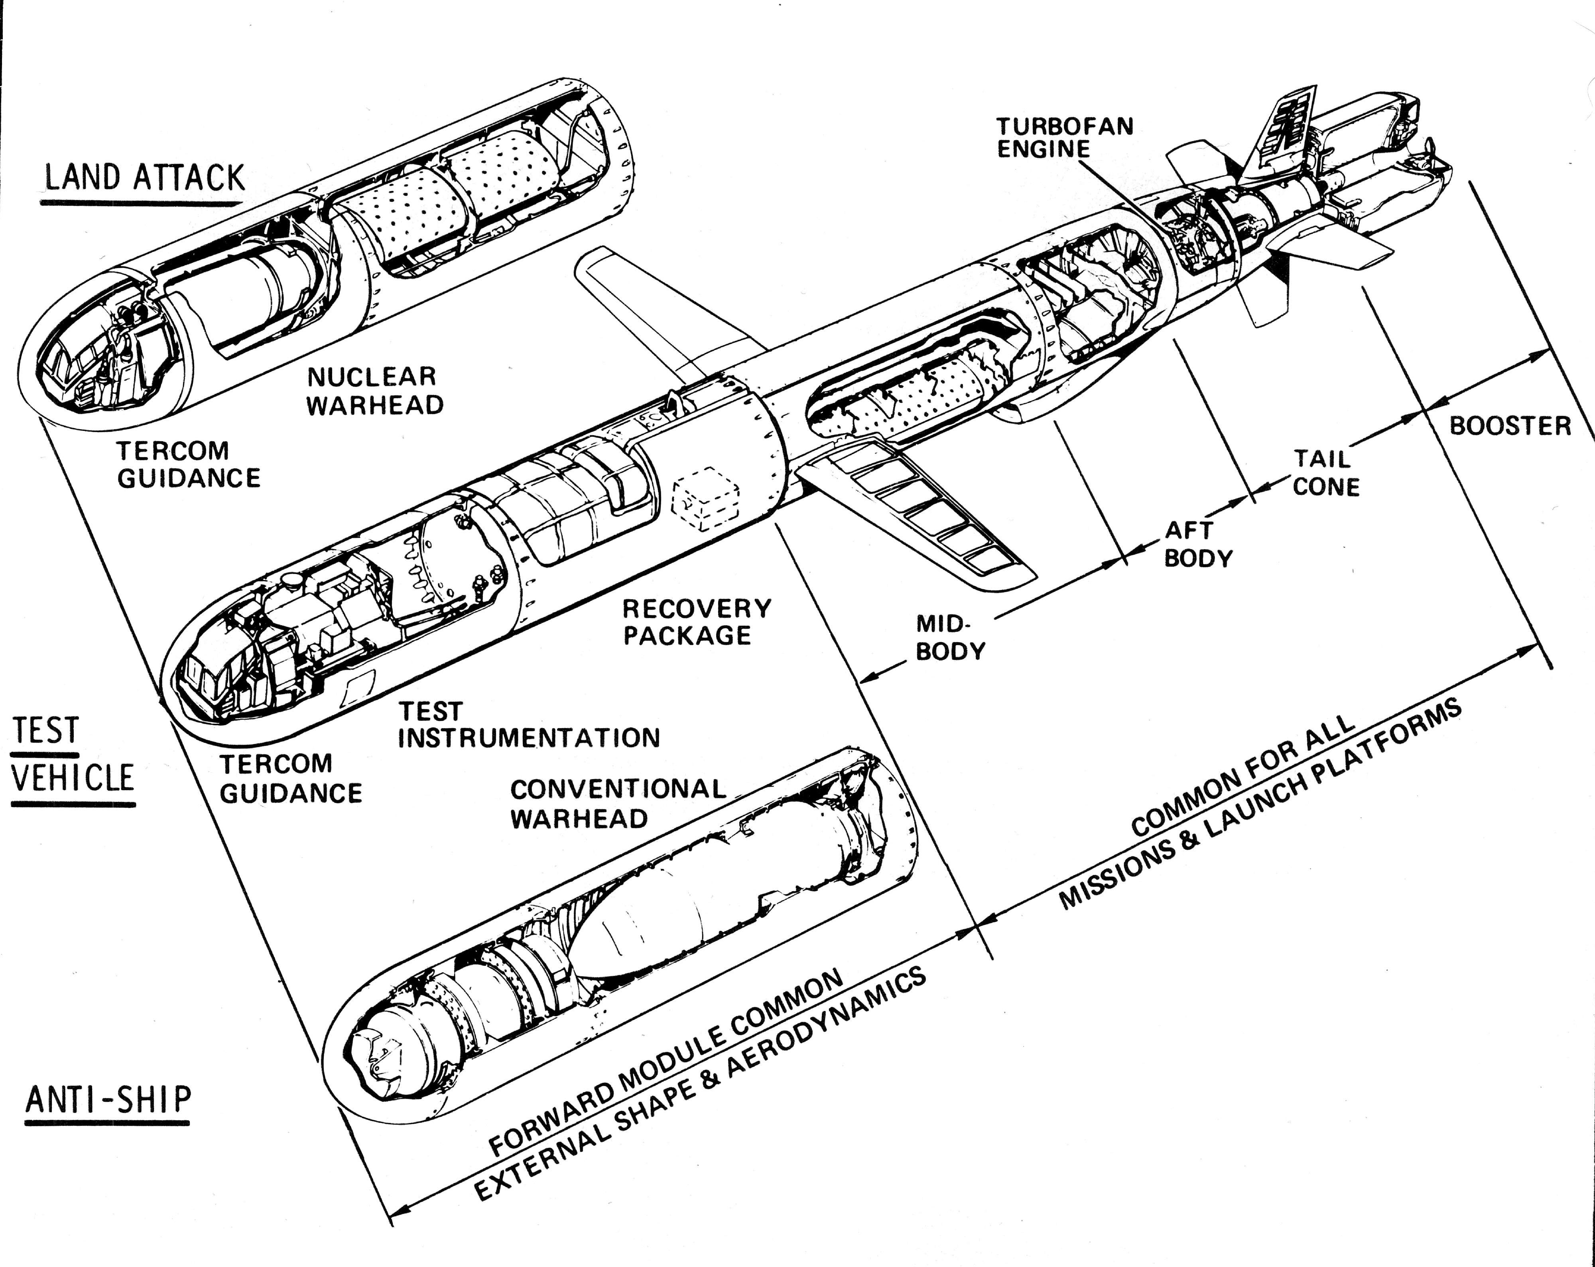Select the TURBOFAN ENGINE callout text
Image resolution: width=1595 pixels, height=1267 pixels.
tap(1064, 138)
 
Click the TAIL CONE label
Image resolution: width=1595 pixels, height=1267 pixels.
tap(1326, 473)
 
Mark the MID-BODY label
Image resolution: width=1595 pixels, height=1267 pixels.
tap(950, 637)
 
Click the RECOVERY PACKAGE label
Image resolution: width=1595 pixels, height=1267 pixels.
tap(696, 622)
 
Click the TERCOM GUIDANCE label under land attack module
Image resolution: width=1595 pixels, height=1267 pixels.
tap(189, 464)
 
